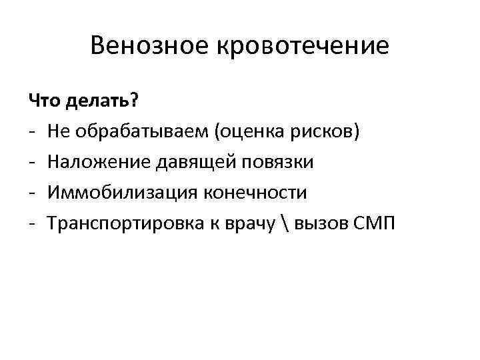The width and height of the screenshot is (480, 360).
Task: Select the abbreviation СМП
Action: pyautogui.click(x=376, y=223)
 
